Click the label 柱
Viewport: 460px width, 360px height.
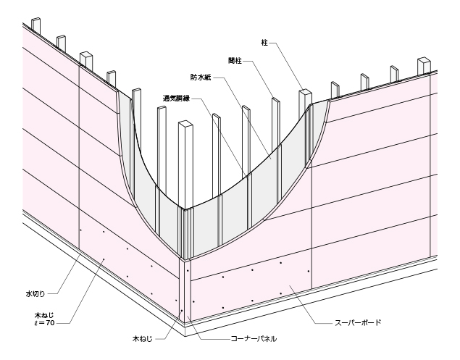(264, 43)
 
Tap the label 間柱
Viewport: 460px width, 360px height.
(235, 61)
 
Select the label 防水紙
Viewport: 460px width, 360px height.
(201, 78)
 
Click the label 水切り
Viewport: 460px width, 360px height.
(35, 293)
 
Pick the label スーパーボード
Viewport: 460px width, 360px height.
(358, 323)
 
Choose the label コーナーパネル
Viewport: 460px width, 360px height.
(254, 339)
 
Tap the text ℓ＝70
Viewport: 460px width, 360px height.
(44, 323)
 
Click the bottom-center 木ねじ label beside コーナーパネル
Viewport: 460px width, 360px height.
(143, 339)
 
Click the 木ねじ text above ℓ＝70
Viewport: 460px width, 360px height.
(44, 316)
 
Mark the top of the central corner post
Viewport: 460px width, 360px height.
(185, 124)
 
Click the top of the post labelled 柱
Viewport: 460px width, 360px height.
(304, 91)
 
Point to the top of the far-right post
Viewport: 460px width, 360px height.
(424, 60)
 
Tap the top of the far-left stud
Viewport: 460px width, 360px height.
(35, 20)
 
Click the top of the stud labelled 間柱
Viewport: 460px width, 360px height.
(276, 99)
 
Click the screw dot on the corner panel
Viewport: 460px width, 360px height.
(182, 311)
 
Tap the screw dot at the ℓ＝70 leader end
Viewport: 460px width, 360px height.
(104, 259)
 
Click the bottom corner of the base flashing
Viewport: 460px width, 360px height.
(185, 336)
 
